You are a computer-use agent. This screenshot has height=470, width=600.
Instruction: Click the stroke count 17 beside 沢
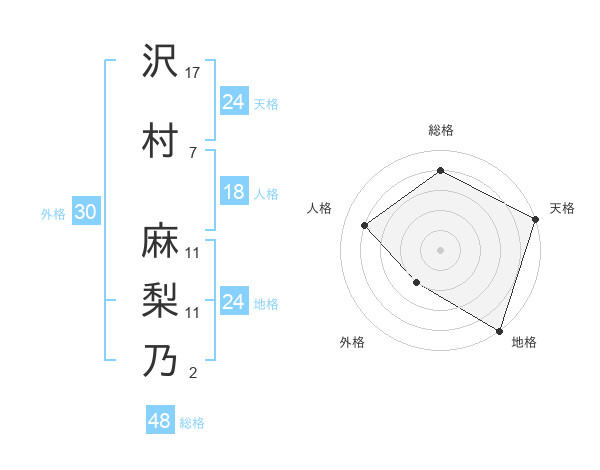[x=193, y=72]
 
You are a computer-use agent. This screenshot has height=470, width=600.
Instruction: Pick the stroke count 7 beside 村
[x=192, y=152]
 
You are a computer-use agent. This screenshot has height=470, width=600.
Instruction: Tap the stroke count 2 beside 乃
[x=192, y=373]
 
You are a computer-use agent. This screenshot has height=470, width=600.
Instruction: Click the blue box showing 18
[x=233, y=192]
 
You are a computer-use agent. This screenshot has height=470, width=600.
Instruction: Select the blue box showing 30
[x=85, y=212]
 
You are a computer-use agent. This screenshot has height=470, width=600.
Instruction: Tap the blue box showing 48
[x=159, y=421]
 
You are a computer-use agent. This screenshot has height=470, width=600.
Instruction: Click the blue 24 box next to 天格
[x=233, y=102]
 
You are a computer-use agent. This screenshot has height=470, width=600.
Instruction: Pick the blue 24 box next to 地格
[x=233, y=302]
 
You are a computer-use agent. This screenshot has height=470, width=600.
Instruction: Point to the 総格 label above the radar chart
[x=440, y=130]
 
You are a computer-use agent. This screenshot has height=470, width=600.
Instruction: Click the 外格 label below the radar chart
[x=352, y=343]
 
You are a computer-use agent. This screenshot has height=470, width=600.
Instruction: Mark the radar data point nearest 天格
[x=535, y=219]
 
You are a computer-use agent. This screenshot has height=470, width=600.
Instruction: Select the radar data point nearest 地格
[x=499, y=330]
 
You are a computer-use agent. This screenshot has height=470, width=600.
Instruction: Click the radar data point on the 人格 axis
[x=365, y=226]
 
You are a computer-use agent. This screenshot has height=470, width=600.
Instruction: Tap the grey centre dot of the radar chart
[x=440, y=249]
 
